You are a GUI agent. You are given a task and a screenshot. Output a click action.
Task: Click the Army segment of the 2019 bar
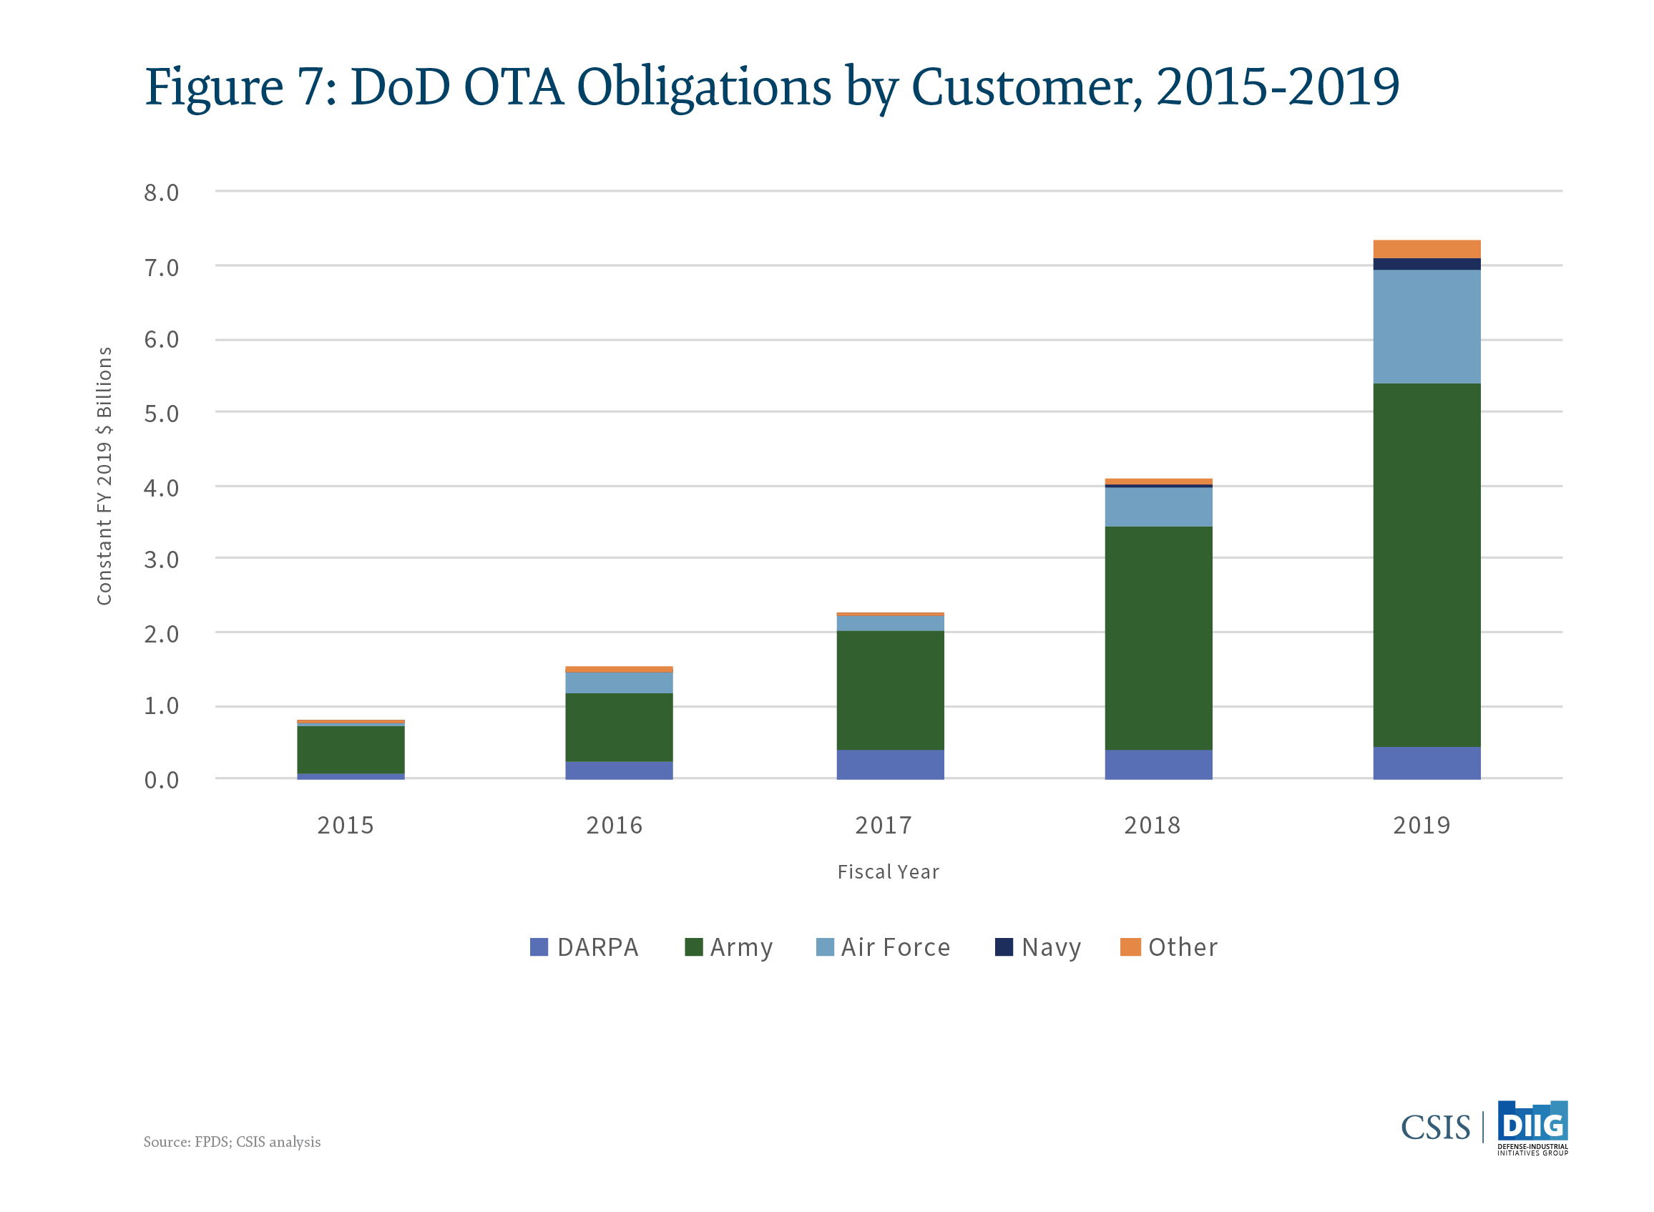(x=1426, y=565)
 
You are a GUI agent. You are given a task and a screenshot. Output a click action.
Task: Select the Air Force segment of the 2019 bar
(x=1426, y=326)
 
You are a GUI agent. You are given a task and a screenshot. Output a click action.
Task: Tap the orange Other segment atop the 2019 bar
(x=1426, y=249)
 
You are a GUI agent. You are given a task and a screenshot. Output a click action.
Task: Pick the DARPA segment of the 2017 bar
(x=890, y=763)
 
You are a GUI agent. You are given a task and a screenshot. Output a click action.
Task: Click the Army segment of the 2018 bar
(x=1158, y=637)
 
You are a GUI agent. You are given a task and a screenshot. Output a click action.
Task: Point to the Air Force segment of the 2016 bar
(x=618, y=683)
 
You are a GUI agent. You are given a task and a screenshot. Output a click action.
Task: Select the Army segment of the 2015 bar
(x=351, y=749)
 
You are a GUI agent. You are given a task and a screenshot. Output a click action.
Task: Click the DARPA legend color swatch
(x=539, y=947)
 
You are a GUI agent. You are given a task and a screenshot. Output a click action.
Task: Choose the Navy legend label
(x=1051, y=947)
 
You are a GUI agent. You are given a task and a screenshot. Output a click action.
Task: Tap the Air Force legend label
(x=895, y=947)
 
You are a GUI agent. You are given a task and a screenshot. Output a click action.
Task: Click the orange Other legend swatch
(x=1130, y=947)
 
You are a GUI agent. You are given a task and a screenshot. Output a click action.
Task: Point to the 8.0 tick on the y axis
(x=162, y=192)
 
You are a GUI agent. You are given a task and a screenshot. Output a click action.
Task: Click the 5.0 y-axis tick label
(x=162, y=414)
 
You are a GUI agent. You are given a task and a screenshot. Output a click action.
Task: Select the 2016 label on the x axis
(x=614, y=826)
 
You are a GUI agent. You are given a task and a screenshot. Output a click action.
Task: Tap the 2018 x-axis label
(x=1152, y=826)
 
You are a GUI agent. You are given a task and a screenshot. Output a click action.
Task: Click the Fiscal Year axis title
(x=888, y=871)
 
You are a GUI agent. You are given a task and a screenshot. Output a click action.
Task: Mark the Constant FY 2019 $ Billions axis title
(x=104, y=475)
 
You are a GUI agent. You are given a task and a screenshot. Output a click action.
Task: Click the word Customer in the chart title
(x=1025, y=87)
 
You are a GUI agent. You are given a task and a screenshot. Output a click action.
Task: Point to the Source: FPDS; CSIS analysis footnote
(x=232, y=1142)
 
